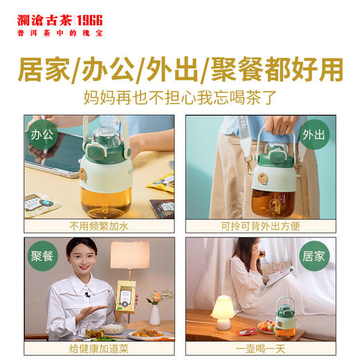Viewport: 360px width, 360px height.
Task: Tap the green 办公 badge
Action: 42,134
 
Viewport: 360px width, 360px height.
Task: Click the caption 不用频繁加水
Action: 99,226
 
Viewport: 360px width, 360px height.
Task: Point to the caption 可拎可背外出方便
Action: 260,226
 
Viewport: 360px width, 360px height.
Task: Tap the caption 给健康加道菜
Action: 99,348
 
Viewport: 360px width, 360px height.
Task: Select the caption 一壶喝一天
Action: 260,348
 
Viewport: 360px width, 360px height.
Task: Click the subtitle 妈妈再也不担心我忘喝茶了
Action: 180,97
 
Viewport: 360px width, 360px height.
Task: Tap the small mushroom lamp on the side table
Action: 223,312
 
